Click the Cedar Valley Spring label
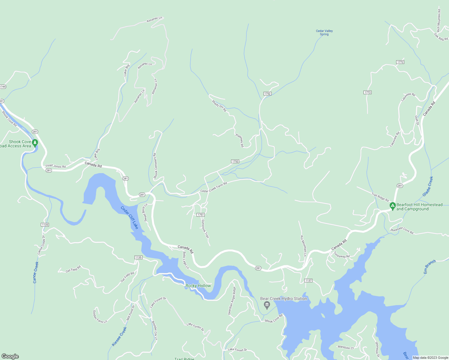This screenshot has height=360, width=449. [x=324, y=32]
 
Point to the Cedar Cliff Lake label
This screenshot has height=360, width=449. [x=130, y=217]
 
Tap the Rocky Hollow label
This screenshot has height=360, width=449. [x=198, y=286]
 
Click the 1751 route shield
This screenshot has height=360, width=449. [x=200, y=215]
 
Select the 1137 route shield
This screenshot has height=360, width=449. [x=308, y=280]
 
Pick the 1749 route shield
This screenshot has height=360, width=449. [x=2, y=87]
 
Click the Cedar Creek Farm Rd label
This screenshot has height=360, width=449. [x=214, y=187]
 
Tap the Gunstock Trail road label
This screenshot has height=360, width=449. [x=205, y=229]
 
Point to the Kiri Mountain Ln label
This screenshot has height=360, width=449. [x=303, y=246]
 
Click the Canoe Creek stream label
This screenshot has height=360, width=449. [x=36, y=272]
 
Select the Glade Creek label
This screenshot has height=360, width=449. [x=428, y=186]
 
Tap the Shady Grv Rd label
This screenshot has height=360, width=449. [x=219, y=106]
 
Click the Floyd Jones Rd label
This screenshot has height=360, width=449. [x=56, y=166]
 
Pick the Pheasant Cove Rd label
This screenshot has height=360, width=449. [x=402, y=231]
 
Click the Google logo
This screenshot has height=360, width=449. [x=10, y=356]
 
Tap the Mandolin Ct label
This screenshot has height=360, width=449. [x=346, y=347]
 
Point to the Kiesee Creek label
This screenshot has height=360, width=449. [x=119, y=336]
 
